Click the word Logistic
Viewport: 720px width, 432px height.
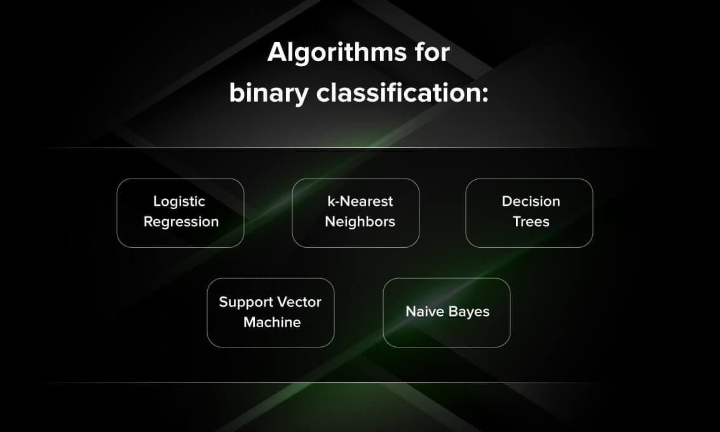[179, 201]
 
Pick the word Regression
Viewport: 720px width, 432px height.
[181, 222]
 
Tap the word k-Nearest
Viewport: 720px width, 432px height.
[360, 201]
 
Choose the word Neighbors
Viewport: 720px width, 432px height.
[360, 222]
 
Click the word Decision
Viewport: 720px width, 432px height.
[531, 201]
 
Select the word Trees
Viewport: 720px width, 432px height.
[531, 222]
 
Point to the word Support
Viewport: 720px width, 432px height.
[245, 302]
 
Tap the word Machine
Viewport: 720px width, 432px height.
[272, 322]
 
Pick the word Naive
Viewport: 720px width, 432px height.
[424, 312]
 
